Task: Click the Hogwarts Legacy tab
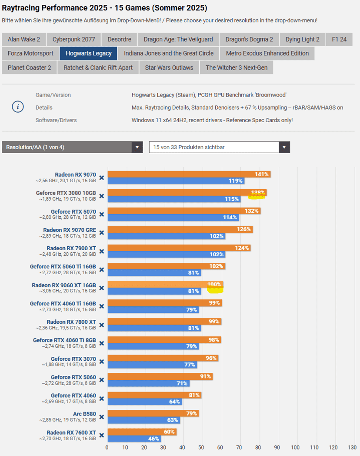click(x=89, y=54)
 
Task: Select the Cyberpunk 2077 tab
click(x=73, y=40)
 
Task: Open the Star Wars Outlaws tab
click(x=169, y=67)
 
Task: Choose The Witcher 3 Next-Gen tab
click(x=237, y=67)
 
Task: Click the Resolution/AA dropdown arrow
click(x=137, y=147)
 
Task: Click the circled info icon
click(x=18, y=107)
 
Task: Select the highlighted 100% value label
click(x=214, y=285)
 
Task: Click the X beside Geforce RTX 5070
click(x=101, y=215)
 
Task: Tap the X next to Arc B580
click(x=101, y=417)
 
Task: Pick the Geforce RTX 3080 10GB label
click(x=66, y=193)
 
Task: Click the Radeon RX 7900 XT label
click(x=71, y=248)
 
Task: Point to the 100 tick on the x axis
click(x=296, y=447)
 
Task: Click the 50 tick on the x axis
click(x=201, y=447)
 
